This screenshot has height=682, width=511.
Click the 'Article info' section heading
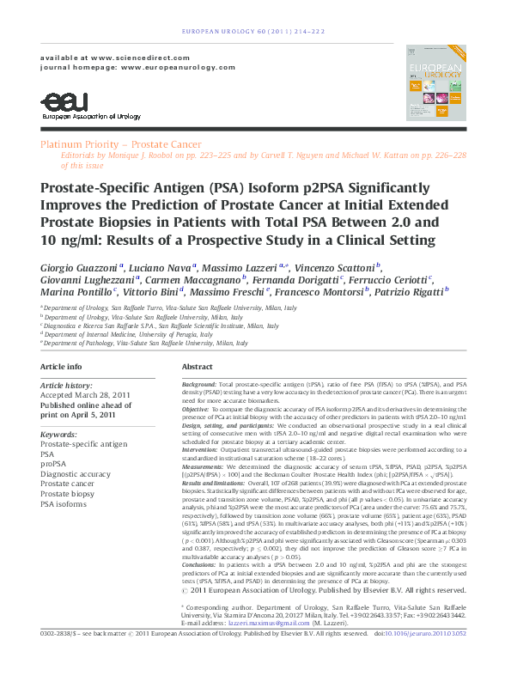coord(62,367)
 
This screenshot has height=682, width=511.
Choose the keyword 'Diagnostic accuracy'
coord(76,473)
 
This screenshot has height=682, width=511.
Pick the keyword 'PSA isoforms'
coord(63,504)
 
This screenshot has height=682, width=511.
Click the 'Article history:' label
coord(67,387)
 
